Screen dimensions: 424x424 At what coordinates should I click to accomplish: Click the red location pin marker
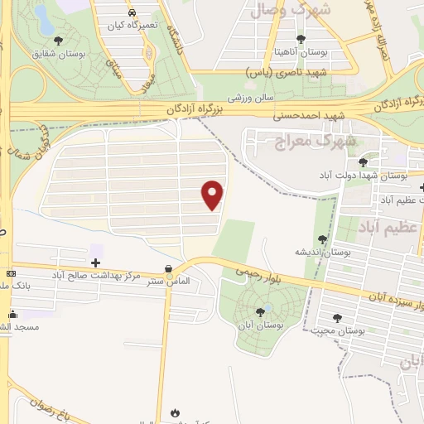[213, 195]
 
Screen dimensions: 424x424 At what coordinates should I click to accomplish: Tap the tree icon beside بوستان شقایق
[59, 41]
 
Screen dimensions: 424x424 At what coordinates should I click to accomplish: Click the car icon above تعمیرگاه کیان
[132, 13]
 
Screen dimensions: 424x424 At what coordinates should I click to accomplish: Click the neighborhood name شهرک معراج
[299, 140]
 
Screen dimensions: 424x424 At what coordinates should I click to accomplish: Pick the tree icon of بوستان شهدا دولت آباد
[363, 163]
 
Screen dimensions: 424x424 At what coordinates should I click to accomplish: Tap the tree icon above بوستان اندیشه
[321, 239]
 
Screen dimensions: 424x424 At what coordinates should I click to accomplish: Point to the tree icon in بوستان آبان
[261, 311]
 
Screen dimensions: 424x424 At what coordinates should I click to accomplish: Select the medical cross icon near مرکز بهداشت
[95, 262]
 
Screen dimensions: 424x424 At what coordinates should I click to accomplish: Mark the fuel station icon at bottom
[174, 412]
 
